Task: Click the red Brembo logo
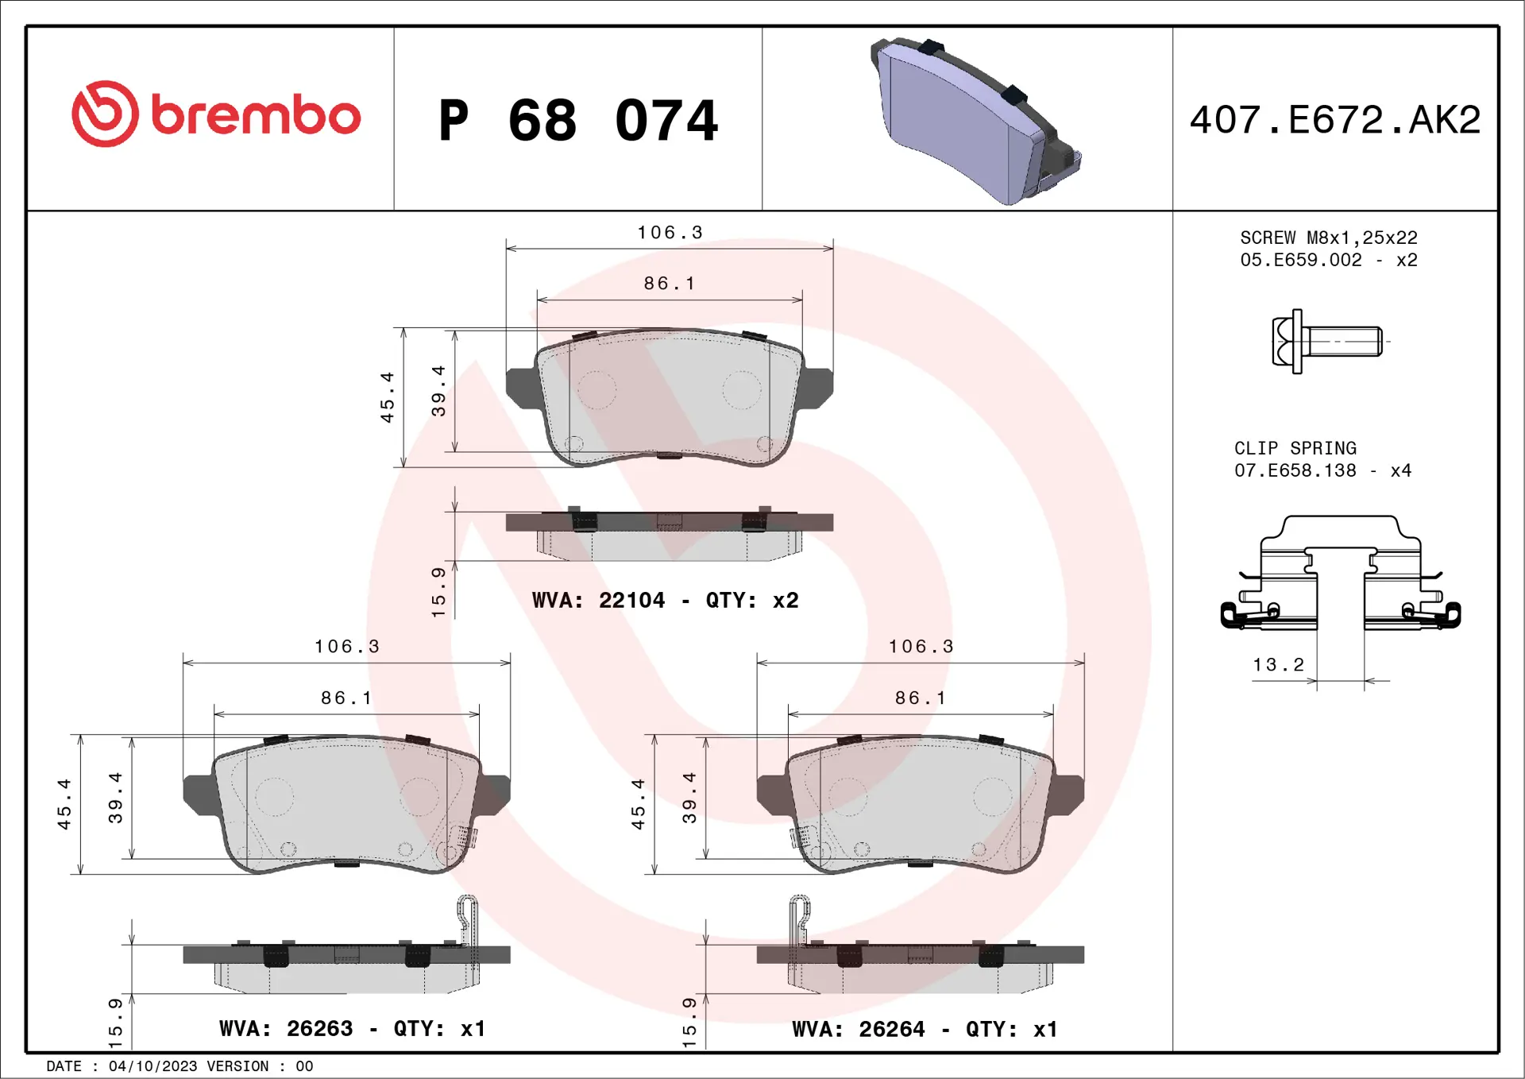(x=215, y=114)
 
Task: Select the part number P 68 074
(x=578, y=121)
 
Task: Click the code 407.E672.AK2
(x=1334, y=120)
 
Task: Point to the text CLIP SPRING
(x=1295, y=448)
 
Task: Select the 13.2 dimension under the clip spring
(x=1278, y=665)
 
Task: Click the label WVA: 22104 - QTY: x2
(x=665, y=601)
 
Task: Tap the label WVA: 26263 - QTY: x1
(x=352, y=1029)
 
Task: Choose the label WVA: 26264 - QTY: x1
(x=925, y=1030)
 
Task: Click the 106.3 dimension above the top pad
(x=670, y=233)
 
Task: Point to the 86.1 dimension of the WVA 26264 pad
(x=921, y=698)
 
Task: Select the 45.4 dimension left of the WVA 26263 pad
(x=64, y=804)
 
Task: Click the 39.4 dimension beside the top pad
(x=438, y=391)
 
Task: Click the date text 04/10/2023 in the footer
(x=152, y=1066)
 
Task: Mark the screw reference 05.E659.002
(x=1300, y=261)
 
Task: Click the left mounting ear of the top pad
(x=522, y=388)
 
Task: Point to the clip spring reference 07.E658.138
(x=1295, y=471)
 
